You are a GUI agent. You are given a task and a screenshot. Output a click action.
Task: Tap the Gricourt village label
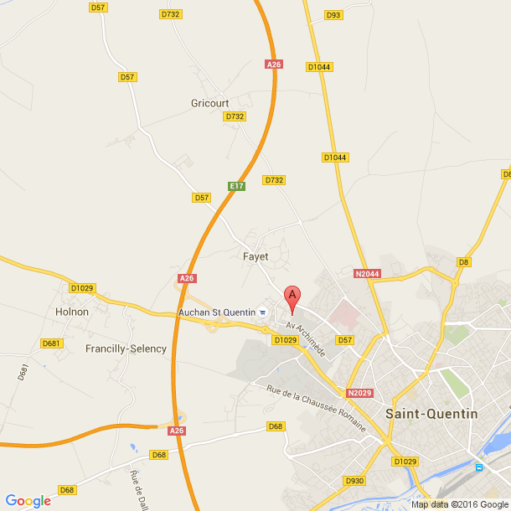click(209, 103)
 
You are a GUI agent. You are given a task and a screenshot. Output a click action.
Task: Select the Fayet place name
click(255, 256)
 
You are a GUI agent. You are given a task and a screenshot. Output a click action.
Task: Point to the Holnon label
click(71, 312)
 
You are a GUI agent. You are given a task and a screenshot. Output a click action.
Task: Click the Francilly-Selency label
click(126, 348)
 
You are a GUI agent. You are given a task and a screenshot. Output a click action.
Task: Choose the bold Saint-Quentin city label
click(431, 414)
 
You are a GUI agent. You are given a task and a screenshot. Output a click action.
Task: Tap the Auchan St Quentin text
click(217, 312)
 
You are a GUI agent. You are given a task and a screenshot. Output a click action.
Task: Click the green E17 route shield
click(236, 186)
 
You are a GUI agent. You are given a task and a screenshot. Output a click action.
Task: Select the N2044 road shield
click(367, 273)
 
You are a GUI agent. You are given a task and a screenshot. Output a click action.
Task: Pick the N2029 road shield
click(359, 393)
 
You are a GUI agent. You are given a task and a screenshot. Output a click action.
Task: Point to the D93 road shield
click(333, 15)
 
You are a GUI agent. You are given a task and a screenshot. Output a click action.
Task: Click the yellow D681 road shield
click(51, 343)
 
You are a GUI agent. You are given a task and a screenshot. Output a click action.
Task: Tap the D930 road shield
click(354, 481)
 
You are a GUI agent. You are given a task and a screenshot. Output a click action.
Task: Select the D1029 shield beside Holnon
click(82, 288)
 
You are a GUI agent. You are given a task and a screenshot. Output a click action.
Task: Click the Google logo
click(28, 500)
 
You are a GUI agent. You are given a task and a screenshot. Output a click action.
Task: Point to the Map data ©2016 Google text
click(460, 504)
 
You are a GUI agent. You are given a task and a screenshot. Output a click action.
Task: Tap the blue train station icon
click(478, 467)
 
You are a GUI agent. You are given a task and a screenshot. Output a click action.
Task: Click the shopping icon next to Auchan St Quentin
click(262, 312)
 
